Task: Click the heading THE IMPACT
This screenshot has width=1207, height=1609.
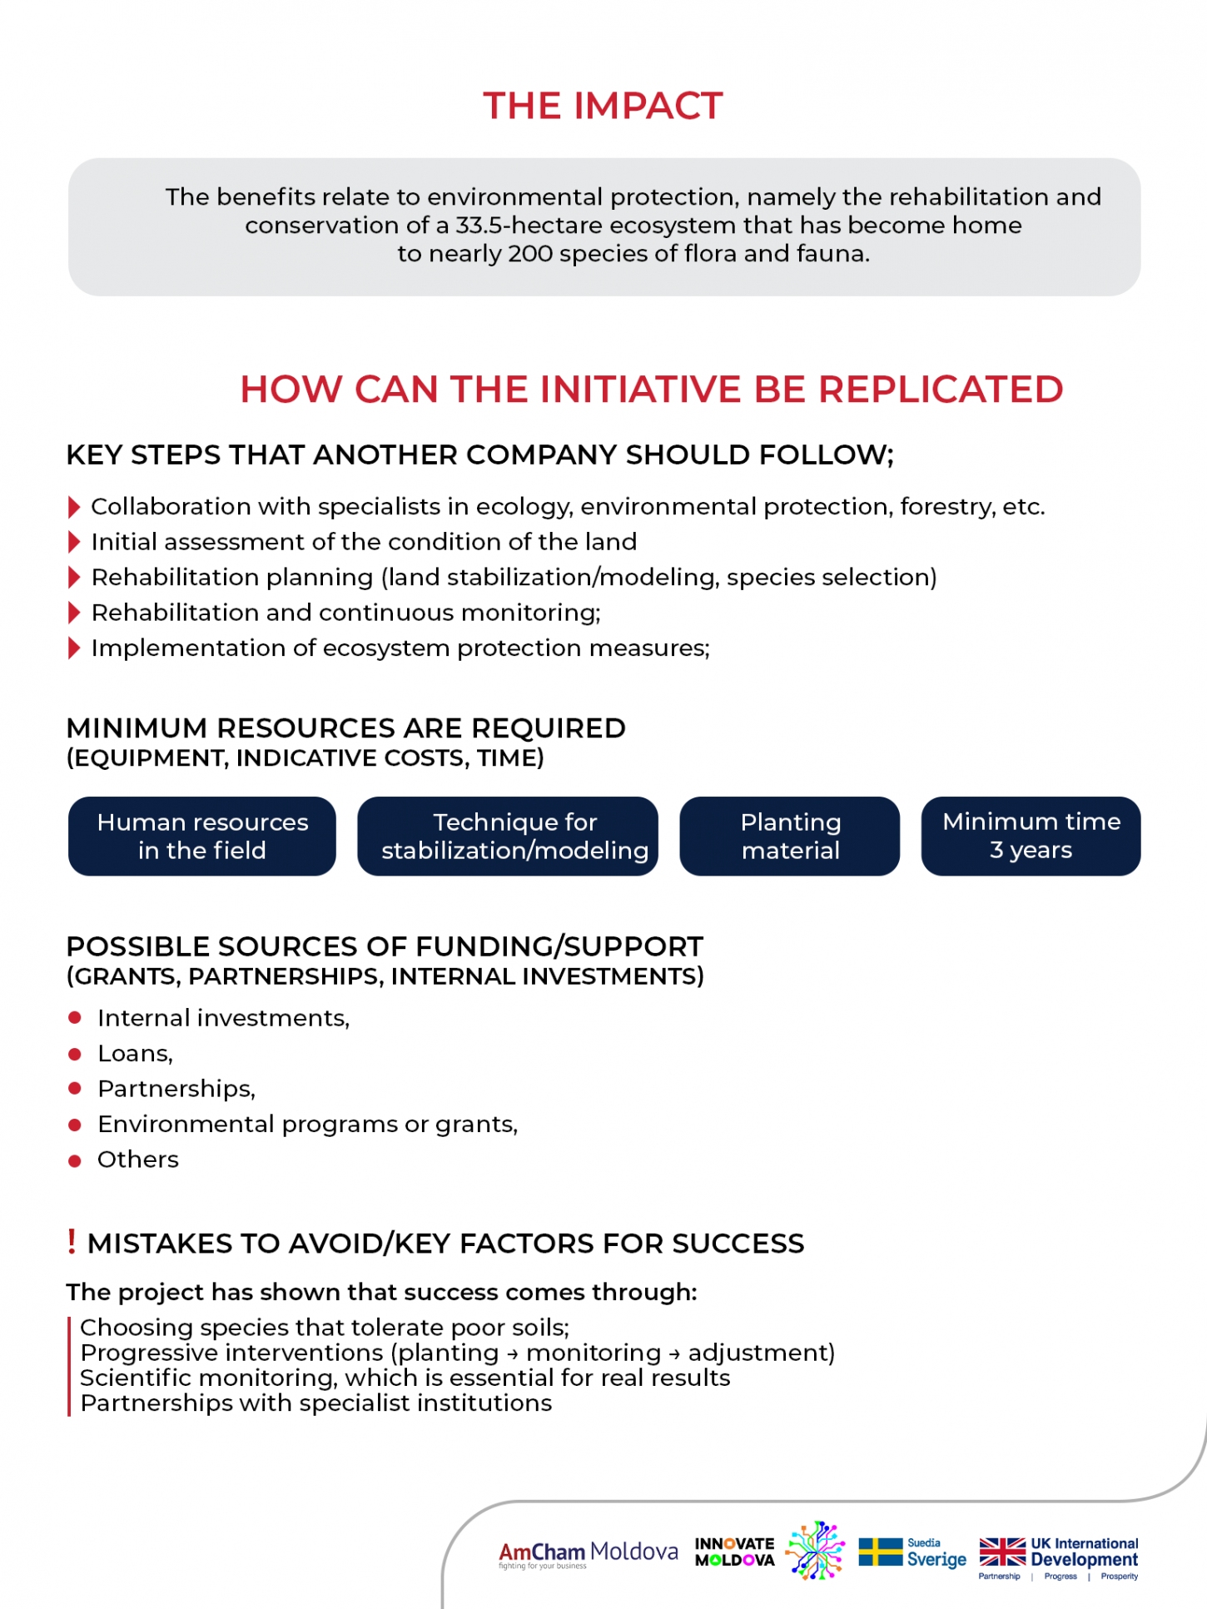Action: click(x=603, y=106)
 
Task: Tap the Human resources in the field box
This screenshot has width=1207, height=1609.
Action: click(x=202, y=836)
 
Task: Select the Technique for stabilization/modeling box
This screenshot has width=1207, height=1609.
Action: click(x=508, y=836)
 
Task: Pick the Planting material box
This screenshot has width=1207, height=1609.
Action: click(x=790, y=836)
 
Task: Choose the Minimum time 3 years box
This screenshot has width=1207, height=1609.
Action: click(x=1031, y=836)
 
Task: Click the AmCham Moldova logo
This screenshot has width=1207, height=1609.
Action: click(x=588, y=1553)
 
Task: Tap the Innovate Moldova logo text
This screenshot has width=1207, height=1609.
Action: click(x=734, y=1552)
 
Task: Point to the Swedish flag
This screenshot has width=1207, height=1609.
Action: click(x=880, y=1552)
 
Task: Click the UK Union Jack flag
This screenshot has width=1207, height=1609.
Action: click(x=1002, y=1552)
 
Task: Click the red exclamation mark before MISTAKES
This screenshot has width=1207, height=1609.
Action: click(x=72, y=1241)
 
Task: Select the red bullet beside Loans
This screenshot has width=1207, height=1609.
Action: click(x=75, y=1054)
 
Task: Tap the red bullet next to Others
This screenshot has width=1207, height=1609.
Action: click(x=75, y=1160)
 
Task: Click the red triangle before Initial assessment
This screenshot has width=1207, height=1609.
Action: click(x=74, y=543)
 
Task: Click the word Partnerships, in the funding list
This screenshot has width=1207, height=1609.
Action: click(x=176, y=1089)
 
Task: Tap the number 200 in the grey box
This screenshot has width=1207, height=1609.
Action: click(x=530, y=254)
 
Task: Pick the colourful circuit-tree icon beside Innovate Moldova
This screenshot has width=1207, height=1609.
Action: click(x=816, y=1550)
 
